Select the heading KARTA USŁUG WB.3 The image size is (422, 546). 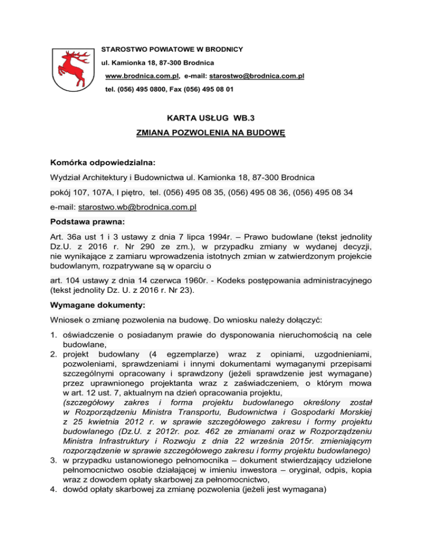coord(210,116)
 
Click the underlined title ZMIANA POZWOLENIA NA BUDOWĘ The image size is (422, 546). coord(210,133)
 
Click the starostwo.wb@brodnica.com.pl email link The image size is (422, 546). coord(138,208)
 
